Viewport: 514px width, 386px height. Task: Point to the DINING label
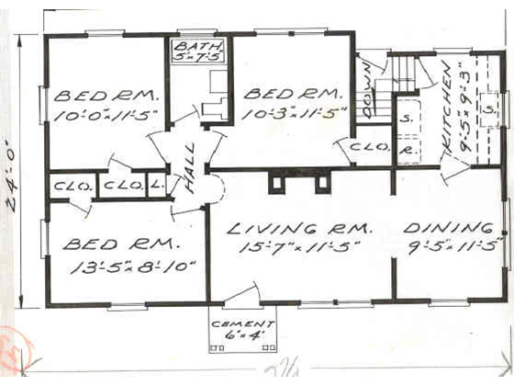pyautogui.click(x=448, y=228)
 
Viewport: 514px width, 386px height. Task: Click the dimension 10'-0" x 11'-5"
pyautogui.click(x=106, y=116)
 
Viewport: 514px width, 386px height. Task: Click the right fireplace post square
pyautogui.click(x=323, y=183)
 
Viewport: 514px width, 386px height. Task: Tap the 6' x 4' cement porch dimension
pyautogui.click(x=242, y=335)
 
